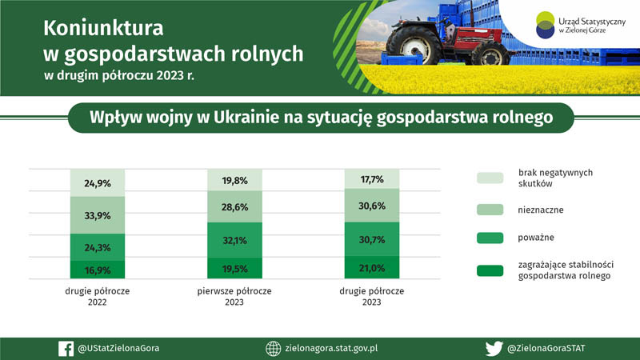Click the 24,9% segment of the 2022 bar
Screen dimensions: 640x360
click(x=98, y=183)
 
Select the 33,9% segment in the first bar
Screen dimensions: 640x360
click(x=98, y=215)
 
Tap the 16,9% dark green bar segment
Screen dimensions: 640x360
click(x=98, y=270)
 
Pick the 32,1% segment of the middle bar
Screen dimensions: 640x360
click(x=234, y=240)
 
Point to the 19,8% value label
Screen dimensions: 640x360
click(x=234, y=181)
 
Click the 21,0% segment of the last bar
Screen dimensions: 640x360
click(x=372, y=267)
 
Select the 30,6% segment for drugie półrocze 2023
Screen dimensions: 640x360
click(x=372, y=206)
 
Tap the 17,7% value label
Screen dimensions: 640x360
click(x=372, y=179)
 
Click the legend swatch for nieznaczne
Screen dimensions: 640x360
click(x=490, y=210)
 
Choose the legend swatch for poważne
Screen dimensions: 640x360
click(x=490, y=238)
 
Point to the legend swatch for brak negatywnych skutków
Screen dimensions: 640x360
click(x=490, y=178)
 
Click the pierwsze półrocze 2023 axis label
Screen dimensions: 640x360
click(x=234, y=297)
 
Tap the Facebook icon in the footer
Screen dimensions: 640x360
click(x=66, y=349)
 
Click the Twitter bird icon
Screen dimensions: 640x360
click(x=494, y=349)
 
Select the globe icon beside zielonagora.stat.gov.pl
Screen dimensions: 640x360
click(x=274, y=349)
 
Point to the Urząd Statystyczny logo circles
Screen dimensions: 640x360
click(x=546, y=26)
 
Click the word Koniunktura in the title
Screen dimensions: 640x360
click(x=103, y=29)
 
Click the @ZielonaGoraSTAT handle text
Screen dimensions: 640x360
click(x=546, y=349)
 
